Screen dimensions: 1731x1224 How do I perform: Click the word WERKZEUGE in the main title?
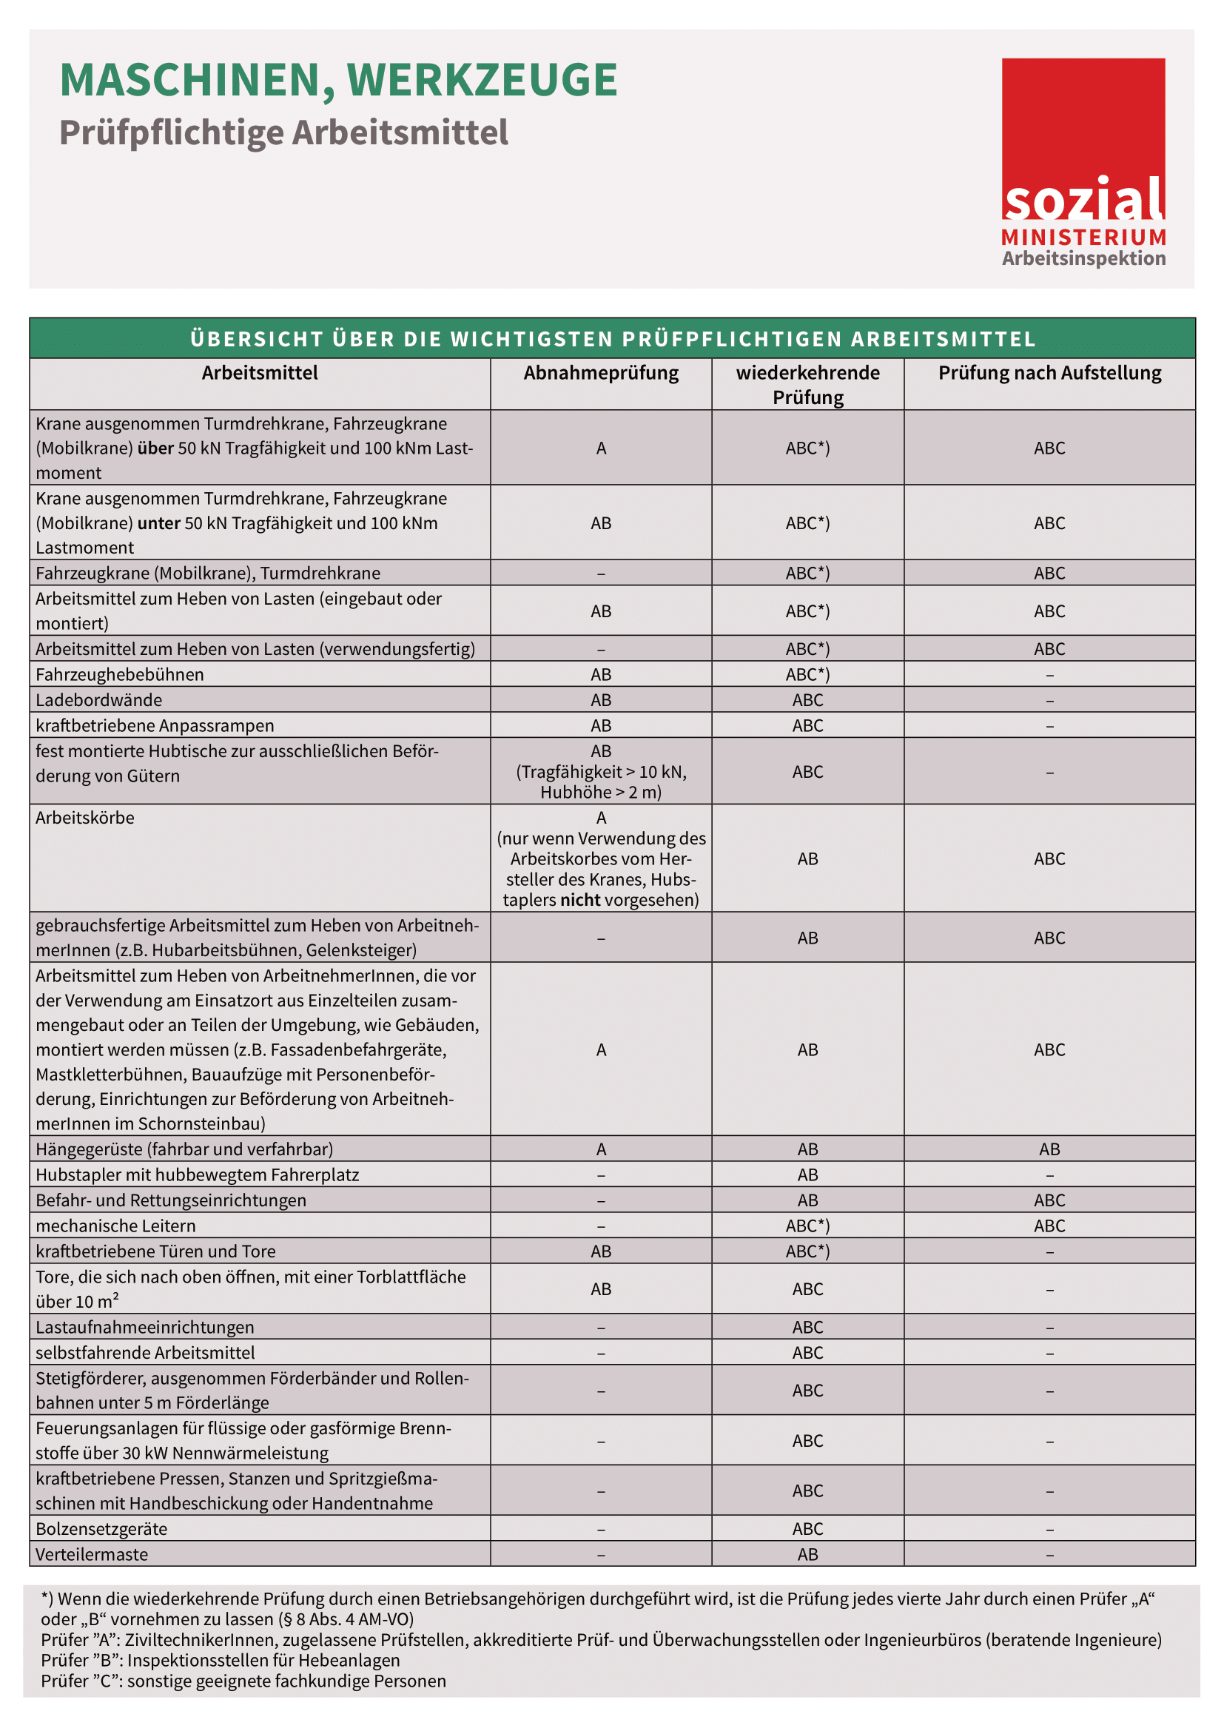[482, 81]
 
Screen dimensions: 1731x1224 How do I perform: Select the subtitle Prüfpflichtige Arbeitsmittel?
[283, 132]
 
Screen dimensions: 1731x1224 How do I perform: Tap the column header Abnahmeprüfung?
[601, 373]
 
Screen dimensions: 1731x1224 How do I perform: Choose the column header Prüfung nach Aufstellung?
[1049, 373]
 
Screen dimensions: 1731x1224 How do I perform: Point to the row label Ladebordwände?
[98, 699]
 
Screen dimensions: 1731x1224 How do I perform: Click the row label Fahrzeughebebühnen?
[120, 674]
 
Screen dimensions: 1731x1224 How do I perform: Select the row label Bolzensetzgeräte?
[101, 1528]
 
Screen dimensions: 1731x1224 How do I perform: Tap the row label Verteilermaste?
[92, 1554]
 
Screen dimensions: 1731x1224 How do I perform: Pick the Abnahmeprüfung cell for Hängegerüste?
[601, 1149]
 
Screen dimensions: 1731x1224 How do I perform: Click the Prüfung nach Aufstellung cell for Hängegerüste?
[1049, 1149]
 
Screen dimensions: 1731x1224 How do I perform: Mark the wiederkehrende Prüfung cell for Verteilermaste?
[807, 1554]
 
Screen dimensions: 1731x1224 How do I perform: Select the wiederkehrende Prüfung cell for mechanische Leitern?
[807, 1226]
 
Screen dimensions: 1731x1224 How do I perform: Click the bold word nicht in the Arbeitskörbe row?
[579, 899]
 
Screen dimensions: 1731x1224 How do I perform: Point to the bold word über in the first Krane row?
[155, 448]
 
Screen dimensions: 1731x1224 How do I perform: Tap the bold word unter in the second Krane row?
[158, 523]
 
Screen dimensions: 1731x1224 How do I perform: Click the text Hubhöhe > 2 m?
[601, 793]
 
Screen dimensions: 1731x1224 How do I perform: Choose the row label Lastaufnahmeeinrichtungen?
[145, 1327]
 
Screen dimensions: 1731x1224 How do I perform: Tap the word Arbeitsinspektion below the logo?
[1083, 258]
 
